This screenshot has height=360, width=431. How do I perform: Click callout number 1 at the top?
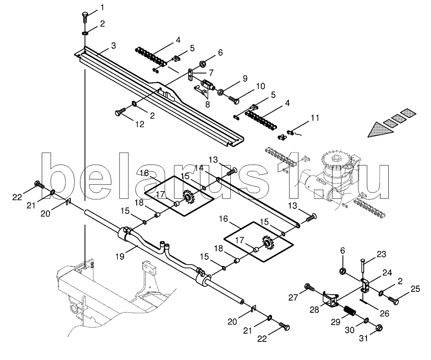102,8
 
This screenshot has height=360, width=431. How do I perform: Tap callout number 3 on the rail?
113,45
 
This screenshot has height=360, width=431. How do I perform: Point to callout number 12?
139,124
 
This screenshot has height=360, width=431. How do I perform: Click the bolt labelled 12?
120,112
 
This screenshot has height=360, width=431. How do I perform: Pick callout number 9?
245,79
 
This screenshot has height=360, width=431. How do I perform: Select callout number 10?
260,86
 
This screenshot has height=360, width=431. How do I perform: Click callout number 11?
315,118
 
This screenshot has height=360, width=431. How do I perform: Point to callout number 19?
120,256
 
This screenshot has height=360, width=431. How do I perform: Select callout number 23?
381,254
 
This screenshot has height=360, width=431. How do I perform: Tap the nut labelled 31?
379,328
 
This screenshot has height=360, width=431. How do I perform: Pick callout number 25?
415,289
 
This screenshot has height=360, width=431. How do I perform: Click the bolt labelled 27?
309,288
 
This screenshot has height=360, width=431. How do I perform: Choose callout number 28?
314,310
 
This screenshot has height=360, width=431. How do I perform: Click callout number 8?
207,104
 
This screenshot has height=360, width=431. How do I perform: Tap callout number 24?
387,273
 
